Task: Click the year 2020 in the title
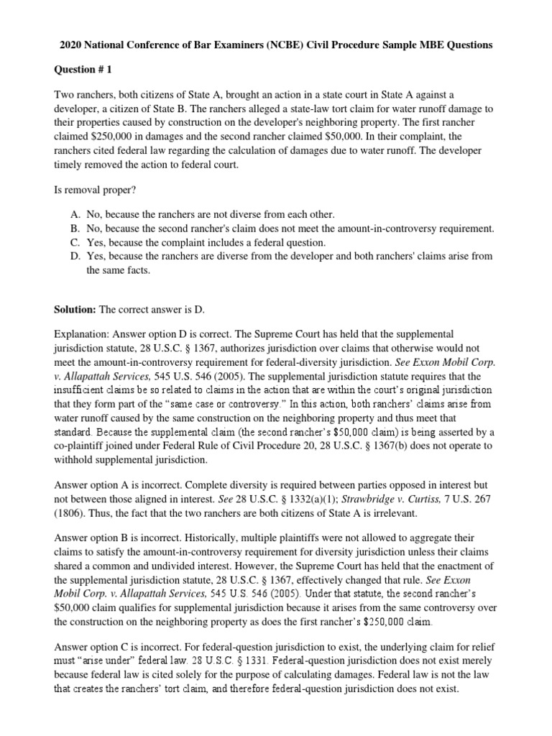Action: pyautogui.click(x=70, y=45)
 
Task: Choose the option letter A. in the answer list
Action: pyautogui.click(x=75, y=214)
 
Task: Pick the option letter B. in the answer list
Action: pyautogui.click(x=75, y=229)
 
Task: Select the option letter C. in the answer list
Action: pyautogui.click(x=75, y=242)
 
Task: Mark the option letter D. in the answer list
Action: pyautogui.click(x=75, y=256)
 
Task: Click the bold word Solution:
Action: pyautogui.click(x=75, y=309)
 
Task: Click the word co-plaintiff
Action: pyautogui.click(x=84, y=446)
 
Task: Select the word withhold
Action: pyautogui.click(x=74, y=460)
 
